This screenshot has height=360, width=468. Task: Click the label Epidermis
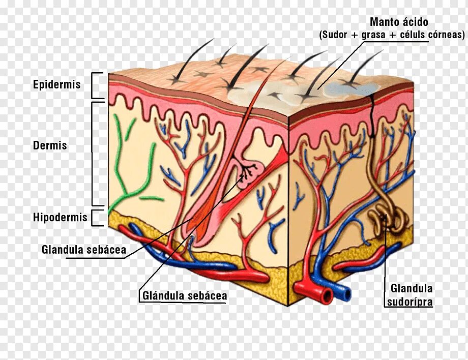[x=57, y=84]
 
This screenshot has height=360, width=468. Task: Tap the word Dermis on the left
[x=50, y=145]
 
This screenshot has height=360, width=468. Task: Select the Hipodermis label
[x=60, y=218]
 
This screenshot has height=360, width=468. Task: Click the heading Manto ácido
[x=399, y=22]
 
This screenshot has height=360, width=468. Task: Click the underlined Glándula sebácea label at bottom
[x=185, y=295]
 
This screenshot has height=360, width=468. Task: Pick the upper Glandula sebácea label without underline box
[x=84, y=250]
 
